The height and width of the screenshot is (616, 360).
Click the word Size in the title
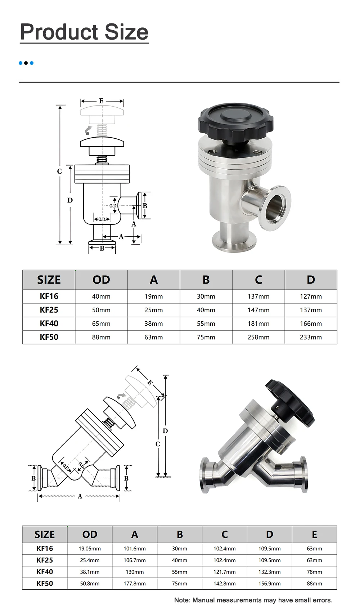pos(126,32)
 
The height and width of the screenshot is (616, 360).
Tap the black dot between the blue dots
pos(26,63)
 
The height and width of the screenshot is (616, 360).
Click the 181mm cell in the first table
pos(258,324)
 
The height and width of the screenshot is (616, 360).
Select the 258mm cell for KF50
pos(258,337)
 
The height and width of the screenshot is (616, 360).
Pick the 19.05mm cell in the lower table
pos(90,549)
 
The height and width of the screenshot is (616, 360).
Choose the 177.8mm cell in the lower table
pos(135,584)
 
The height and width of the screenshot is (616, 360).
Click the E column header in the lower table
pos(314,534)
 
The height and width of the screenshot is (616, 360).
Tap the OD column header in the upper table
pos(101,280)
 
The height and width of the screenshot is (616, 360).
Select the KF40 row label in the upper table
pos(49,323)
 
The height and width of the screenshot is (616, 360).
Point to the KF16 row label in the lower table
pos(45,548)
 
